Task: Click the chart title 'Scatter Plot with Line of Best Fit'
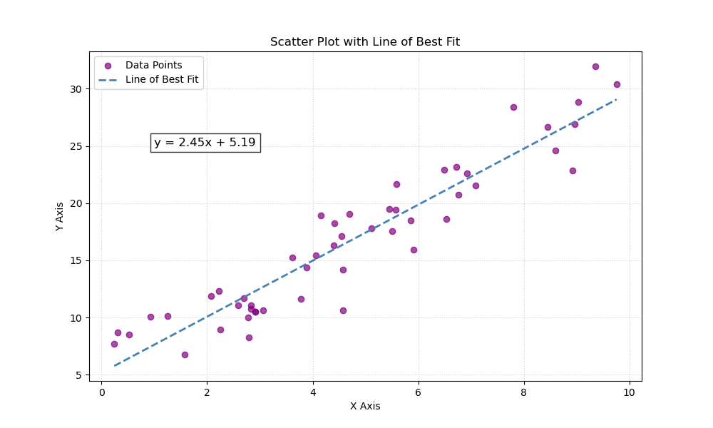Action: pos(364,42)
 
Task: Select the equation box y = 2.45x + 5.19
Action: pos(205,143)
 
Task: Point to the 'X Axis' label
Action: pos(364,407)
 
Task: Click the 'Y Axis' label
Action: pos(60,216)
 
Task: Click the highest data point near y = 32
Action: pos(595,66)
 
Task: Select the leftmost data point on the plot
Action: pos(114,344)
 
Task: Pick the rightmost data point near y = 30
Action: pos(617,84)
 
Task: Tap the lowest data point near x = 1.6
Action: pos(185,355)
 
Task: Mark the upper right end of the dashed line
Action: pos(617,99)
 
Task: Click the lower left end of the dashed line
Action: pos(114,366)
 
